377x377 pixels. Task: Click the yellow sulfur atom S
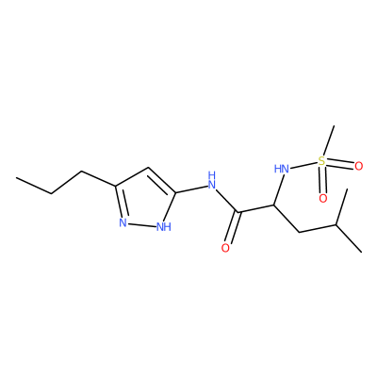[x=321, y=161]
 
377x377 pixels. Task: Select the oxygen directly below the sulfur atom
[x=323, y=198]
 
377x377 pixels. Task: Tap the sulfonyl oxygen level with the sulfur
[x=358, y=166]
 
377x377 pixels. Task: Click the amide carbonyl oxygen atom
[x=225, y=248]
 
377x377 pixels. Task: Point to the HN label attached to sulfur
[x=282, y=170]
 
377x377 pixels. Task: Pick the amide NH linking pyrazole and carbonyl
[x=212, y=180]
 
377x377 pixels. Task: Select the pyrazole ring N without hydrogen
[x=123, y=222]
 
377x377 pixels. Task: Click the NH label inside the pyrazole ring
[x=164, y=227]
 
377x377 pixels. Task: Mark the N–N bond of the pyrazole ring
[x=142, y=224]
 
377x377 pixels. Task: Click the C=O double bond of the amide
[x=234, y=227]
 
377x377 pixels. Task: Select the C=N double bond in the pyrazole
[x=120, y=202]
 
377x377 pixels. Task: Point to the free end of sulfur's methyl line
[x=334, y=126]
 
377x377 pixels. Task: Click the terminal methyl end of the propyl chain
[x=17, y=178]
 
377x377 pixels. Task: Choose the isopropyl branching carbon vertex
[x=336, y=225]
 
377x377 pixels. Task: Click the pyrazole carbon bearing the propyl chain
[x=116, y=186]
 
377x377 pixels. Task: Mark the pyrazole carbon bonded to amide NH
[x=175, y=192]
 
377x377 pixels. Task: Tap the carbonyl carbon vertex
[x=239, y=212]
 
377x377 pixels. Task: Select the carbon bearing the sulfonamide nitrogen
[x=274, y=205]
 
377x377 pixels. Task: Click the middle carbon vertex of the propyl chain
[x=51, y=193]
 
